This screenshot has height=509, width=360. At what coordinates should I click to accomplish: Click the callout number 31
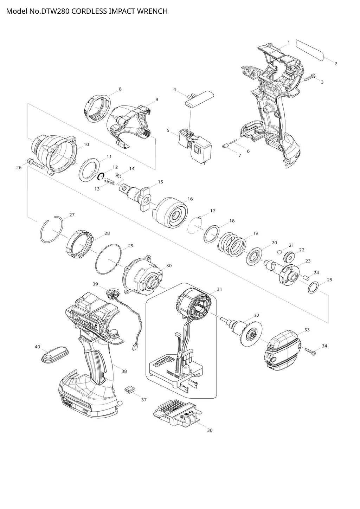[219, 289]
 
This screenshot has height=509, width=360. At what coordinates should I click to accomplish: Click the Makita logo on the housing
[86, 322]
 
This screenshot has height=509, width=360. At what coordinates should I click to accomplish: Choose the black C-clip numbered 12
[101, 177]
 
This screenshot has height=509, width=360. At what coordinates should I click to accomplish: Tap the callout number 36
[210, 430]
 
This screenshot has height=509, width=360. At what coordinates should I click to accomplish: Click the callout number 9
[156, 99]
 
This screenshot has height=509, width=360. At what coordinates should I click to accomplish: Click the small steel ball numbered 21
[279, 252]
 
